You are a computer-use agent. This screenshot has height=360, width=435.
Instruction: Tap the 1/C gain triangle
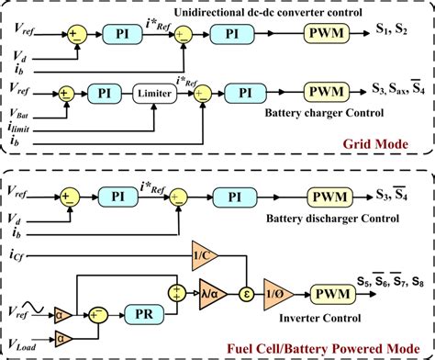tap(200, 253)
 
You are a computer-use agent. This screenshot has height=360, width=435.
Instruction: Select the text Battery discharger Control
tap(324, 219)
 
